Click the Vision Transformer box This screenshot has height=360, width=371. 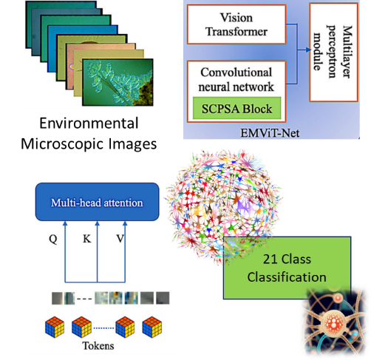(x=236, y=24)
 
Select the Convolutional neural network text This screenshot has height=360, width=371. (x=236, y=79)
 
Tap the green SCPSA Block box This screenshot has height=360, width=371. (x=236, y=109)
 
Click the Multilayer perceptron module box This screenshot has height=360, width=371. (x=333, y=52)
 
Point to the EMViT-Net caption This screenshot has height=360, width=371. (x=270, y=133)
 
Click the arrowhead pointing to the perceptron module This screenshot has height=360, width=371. (x=308, y=50)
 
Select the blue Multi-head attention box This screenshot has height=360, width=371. (x=97, y=202)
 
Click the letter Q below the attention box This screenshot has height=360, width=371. (x=53, y=239)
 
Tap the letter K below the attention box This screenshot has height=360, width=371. (x=87, y=239)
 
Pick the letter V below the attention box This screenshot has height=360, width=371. (x=120, y=239)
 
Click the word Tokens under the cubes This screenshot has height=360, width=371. (x=98, y=346)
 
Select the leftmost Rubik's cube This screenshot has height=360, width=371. (x=55, y=327)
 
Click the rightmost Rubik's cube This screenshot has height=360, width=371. (x=152, y=327)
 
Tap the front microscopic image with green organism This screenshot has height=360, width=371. (x=118, y=82)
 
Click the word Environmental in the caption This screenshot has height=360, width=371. (x=89, y=123)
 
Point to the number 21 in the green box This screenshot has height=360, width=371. (x=270, y=259)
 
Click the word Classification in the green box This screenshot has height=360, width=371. (x=287, y=277)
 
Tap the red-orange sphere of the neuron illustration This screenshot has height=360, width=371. (x=334, y=323)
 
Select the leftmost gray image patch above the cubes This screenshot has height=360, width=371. (x=57, y=298)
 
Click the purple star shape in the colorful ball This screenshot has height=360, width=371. (x=244, y=206)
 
